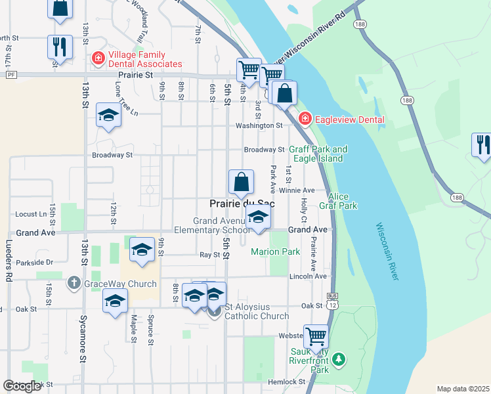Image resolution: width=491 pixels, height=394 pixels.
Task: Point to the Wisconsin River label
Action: point(387,252)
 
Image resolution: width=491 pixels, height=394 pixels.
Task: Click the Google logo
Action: point(22,386)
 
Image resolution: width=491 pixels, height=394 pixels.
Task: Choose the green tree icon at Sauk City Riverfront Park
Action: point(338,359)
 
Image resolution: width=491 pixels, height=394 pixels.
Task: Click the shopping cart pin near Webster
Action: point(316,336)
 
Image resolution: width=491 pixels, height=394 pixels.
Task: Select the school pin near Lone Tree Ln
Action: point(108,116)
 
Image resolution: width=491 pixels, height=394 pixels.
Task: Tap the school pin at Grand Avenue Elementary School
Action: point(259,217)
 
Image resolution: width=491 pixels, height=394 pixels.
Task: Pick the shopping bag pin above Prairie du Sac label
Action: point(242,181)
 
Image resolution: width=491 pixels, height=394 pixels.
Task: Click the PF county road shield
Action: point(11,75)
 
